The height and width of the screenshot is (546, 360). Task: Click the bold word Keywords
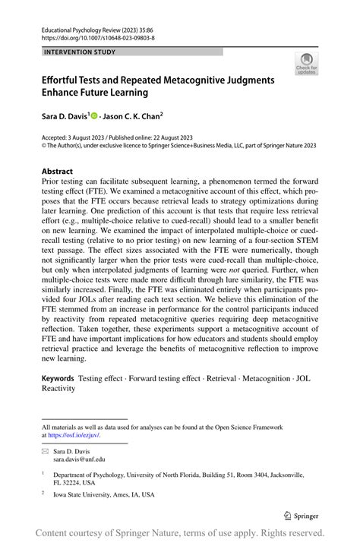click(x=58, y=377)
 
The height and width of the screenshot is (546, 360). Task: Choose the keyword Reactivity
click(x=58, y=388)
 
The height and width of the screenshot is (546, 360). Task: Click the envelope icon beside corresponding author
click(x=46, y=451)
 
